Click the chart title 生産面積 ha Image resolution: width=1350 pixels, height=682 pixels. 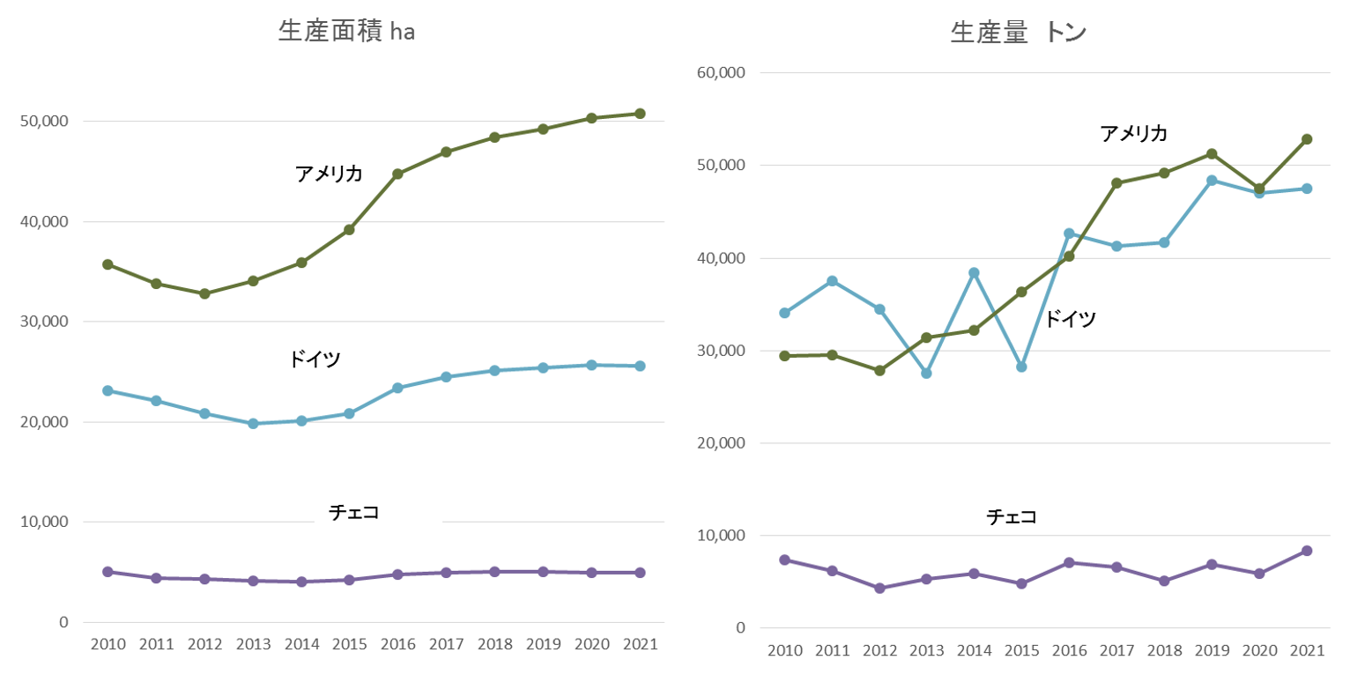coord(346,32)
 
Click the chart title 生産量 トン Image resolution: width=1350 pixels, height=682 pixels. coord(1019,33)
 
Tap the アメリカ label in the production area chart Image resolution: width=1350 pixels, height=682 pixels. coord(330,174)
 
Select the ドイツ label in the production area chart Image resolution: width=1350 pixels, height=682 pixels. coord(315,360)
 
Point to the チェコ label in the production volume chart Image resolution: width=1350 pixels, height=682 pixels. coord(1012,516)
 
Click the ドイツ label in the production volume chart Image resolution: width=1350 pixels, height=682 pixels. coord(1071,319)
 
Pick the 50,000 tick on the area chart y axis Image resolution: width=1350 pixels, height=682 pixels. coord(43,122)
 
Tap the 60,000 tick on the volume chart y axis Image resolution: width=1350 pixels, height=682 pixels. coord(721,73)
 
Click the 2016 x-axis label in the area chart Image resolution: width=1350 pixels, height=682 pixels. coord(397,644)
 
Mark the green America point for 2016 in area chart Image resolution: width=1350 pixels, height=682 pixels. coord(397,174)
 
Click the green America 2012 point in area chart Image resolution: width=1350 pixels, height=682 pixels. coord(204,293)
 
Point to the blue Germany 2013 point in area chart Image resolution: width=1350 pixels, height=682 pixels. coord(253,424)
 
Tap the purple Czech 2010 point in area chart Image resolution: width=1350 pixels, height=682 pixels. coord(108,572)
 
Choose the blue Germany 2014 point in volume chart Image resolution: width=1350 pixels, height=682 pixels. coord(974,273)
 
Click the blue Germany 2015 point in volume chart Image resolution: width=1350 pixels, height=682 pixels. coord(1021,367)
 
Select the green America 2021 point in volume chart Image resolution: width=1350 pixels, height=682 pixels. coord(1307,139)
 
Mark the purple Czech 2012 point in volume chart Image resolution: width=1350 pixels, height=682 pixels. coord(879,588)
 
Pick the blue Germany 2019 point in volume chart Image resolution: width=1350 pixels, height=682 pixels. coord(1212,181)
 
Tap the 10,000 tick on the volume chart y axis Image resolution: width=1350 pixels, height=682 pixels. coord(721,536)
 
